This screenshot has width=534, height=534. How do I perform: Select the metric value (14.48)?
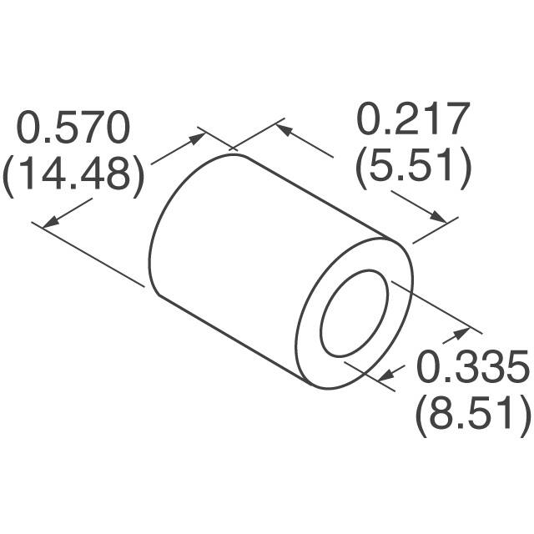[x=74, y=175]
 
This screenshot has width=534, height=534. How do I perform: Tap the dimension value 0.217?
[x=414, y=120]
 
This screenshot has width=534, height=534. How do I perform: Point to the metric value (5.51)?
[x=413, y=167]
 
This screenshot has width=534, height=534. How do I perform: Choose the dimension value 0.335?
[x=472, y=366]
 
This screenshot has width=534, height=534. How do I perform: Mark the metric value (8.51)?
[x=472, y=414]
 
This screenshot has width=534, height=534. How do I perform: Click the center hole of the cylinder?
[x=354, y=312]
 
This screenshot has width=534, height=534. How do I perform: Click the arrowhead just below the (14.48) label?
[x=51, y=222]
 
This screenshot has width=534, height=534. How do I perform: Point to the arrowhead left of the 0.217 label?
[x=283, y=130]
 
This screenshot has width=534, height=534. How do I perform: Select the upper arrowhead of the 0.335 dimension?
[x=461, y=335]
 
